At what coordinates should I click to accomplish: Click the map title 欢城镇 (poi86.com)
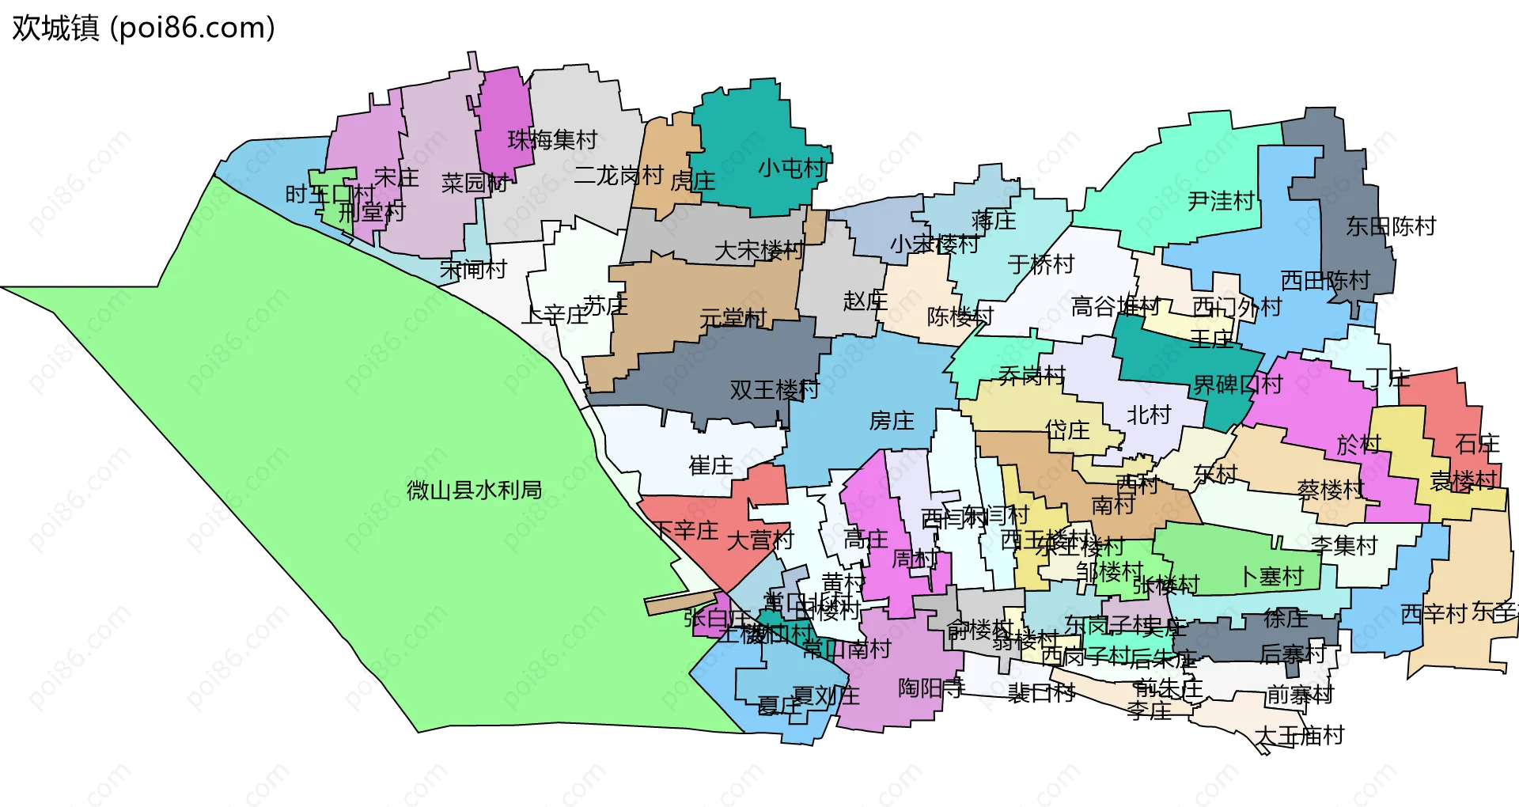[143, 28]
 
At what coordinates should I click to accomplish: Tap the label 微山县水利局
[474, 491]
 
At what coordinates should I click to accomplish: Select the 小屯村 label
[791, 169]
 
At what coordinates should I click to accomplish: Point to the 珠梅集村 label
[552, 140]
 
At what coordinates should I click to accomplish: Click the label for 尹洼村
[1221, 202]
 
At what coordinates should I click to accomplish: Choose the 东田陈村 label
[1391, 226]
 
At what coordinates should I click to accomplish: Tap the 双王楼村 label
[775, 389]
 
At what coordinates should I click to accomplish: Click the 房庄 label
[892, 421]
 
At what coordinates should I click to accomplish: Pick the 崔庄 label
[710, 465]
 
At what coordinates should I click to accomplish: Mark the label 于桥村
[1041, 264]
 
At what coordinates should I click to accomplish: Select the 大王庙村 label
[1299, 736]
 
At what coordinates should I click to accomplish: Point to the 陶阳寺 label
[930, 688]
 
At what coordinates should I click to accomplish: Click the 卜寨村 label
[1271, 577]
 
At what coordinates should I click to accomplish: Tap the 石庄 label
[1477, 444]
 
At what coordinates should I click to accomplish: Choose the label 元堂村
[733, 318]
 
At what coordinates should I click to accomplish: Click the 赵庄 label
[865, 301]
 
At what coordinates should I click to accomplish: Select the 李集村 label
[1344, 545]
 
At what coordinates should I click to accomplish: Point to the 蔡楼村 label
[1331, 491]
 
